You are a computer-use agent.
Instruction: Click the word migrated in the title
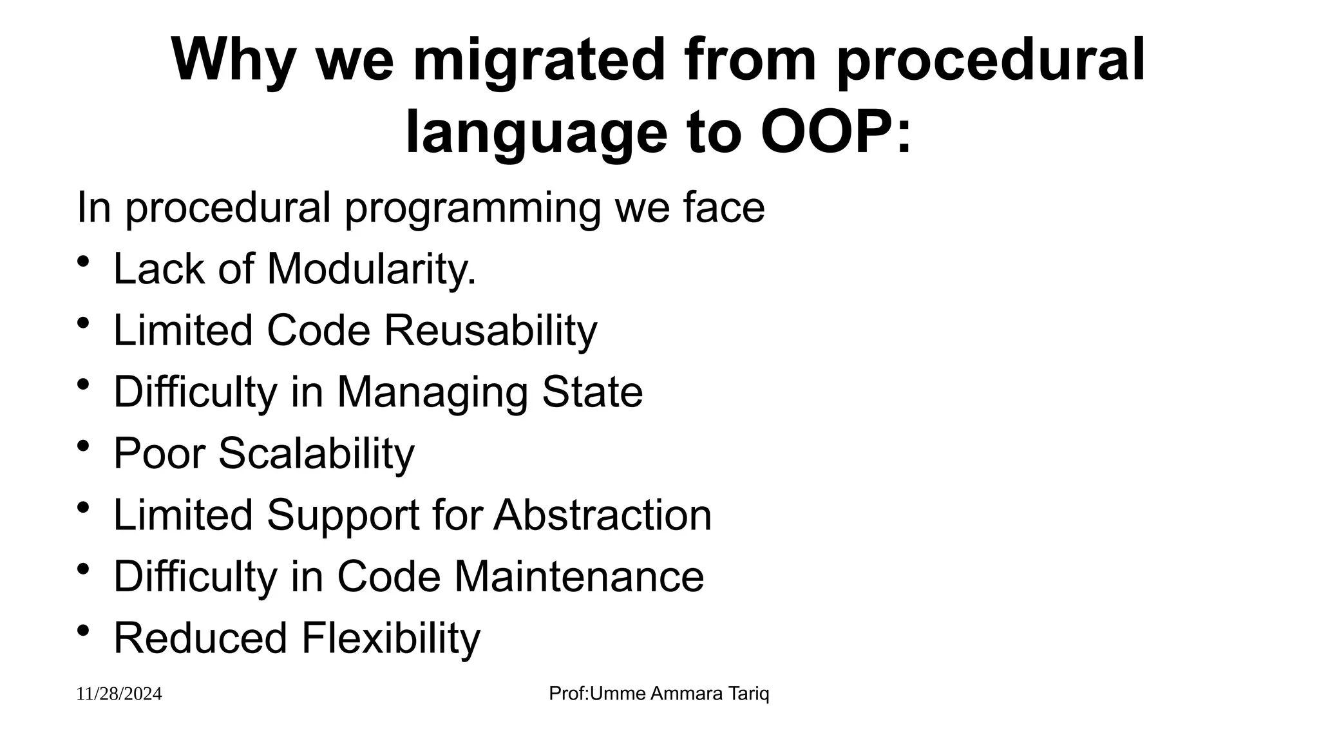(538, 61)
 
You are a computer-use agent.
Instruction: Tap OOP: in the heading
(836, 133)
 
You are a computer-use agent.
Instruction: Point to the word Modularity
(371, 269)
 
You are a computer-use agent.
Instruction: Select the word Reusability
(491, 330)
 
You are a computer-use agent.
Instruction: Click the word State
(593, 392)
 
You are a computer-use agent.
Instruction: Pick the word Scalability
(316, 454)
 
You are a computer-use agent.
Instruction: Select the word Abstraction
(603, 515)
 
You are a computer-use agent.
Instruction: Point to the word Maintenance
(579, 576)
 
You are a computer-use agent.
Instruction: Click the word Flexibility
(391, 638)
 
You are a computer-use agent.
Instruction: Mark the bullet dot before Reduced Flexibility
(83, 631)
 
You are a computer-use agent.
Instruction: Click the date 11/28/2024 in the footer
(119, 694)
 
